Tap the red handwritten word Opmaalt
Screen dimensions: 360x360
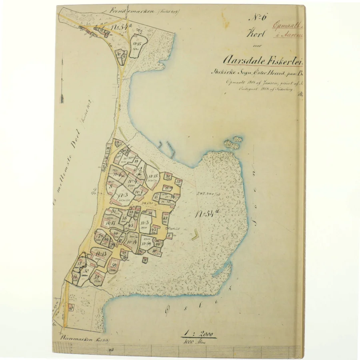pyautogui.click(x=287, y=24)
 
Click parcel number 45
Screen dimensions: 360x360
pyautogui.click(x=130, y=226)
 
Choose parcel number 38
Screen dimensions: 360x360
pyautogui.click(x=124, y=218)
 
